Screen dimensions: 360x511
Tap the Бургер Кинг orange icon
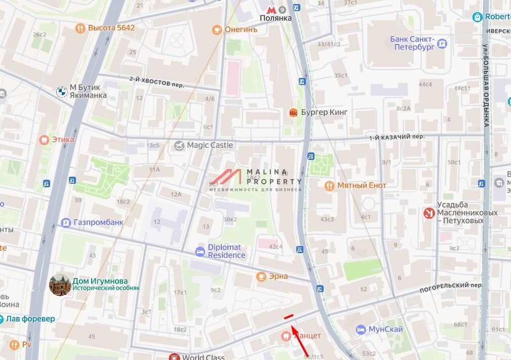(293, 112)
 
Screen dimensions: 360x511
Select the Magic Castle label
(210, 145)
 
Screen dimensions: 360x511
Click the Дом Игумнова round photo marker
(60, 285)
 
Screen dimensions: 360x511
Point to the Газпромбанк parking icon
(65, 222)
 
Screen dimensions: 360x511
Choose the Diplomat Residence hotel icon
(200, 252)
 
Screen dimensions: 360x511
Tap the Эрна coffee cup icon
(261, 276)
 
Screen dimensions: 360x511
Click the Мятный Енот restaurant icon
(329, 185)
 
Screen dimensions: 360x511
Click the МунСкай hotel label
(385, 330)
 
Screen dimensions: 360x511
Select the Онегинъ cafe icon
(217, 29)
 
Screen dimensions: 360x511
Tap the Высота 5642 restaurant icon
(80, 28)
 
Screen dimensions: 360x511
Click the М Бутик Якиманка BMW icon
(61, 92)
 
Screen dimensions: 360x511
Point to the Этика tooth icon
(44, 139)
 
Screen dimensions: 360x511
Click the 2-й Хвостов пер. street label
(157, 82)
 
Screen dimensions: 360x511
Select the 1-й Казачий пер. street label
(397, 137)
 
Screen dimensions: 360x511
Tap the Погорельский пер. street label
(451, 288)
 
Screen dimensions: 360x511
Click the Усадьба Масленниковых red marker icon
(429, 213)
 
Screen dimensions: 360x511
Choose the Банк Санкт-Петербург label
(412, 43)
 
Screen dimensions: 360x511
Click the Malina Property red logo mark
(226, 177)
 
